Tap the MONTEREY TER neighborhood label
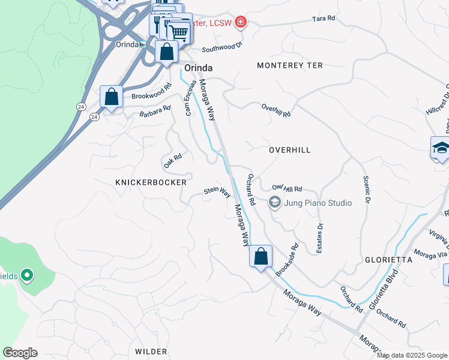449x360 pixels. click(290, 65)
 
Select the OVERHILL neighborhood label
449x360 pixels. click(289, 150)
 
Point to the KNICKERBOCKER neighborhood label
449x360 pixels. click(151, 182)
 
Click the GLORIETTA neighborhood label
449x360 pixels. click(388, 260)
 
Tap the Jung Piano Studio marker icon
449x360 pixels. click(275, 203)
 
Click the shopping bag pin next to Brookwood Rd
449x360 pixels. click(111, 97)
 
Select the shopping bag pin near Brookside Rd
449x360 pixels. click(261, 257)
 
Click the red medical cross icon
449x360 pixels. click(241, 22)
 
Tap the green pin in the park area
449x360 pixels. click(26, 275)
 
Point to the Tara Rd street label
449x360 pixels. click(322, 19)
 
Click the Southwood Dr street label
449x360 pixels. click(221, 47)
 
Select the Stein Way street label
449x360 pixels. click(217, 191)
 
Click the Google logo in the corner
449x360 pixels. click(20, 353)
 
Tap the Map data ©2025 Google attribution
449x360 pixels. click(411, 355)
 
